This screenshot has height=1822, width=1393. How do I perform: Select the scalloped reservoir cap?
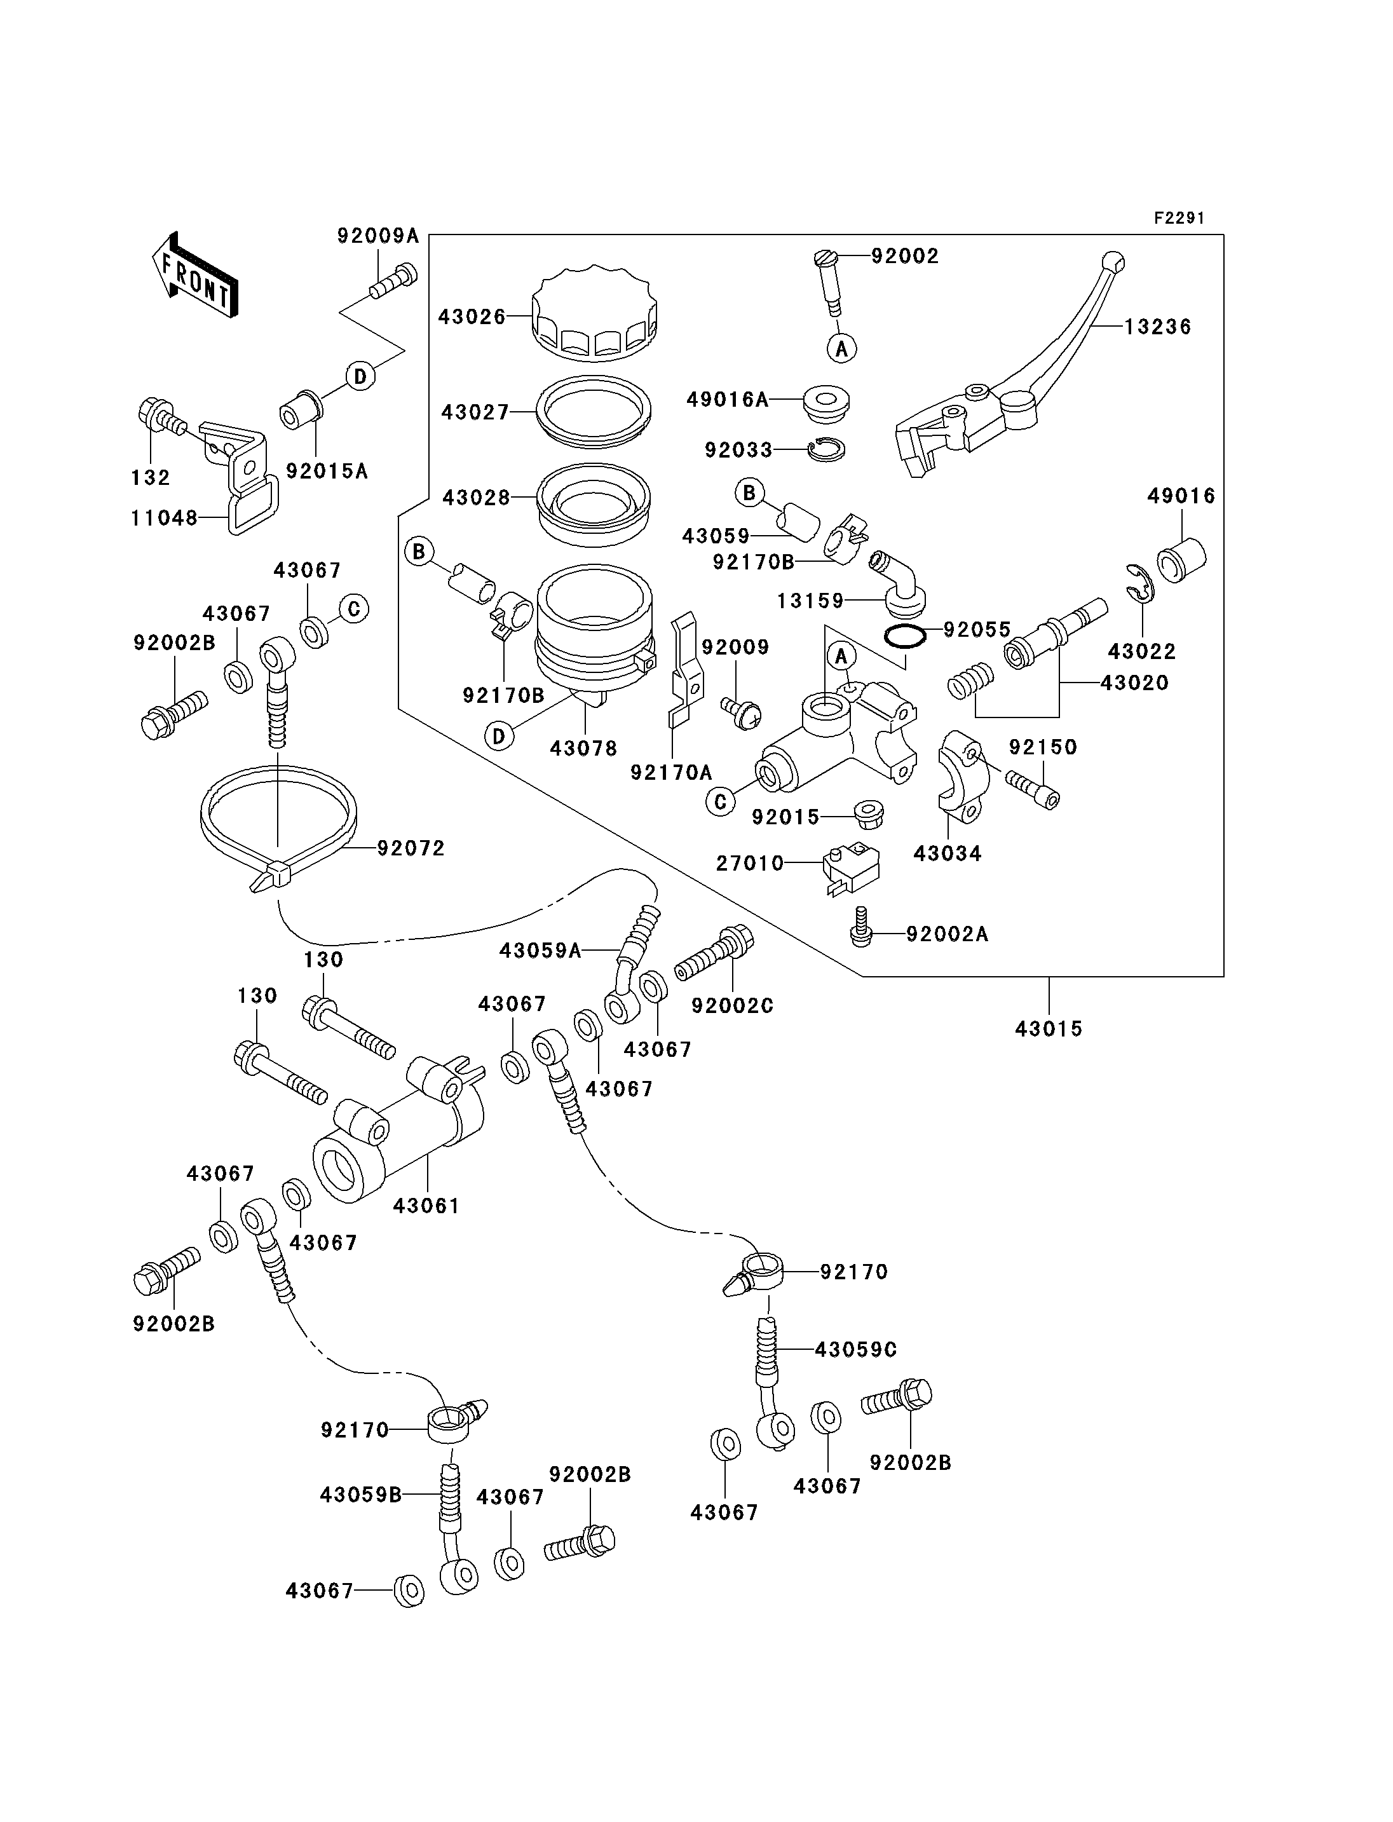595,313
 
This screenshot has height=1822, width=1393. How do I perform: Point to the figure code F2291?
1179,218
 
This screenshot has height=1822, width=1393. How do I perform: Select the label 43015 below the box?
1049,1029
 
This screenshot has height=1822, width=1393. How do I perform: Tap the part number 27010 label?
750,863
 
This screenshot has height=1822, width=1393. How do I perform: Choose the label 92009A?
377,236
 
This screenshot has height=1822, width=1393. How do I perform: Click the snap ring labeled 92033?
826,449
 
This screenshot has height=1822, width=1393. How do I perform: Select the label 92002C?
732,1006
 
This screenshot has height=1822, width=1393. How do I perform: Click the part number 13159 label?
810,601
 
